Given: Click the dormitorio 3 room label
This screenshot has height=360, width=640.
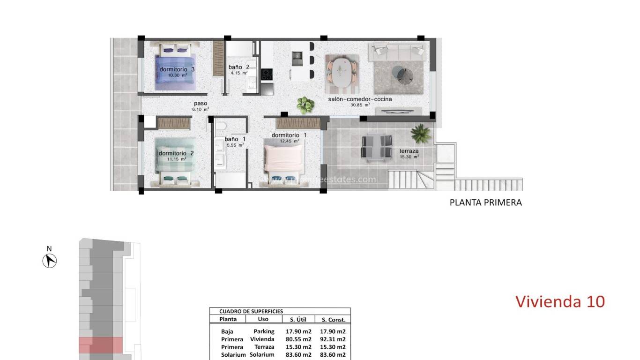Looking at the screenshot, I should click(177, 69).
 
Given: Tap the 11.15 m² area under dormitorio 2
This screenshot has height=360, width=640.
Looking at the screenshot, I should click(177, 159).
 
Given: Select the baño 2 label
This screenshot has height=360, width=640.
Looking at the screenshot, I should click(238, 67).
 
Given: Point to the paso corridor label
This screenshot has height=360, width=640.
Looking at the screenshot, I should click(200, 104).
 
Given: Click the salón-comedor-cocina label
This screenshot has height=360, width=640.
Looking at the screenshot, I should click(360, 99).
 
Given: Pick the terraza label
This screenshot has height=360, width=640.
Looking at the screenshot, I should click(409, 151).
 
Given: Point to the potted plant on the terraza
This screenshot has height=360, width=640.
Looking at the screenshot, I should click(420, 133).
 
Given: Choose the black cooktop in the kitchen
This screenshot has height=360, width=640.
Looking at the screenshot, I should click(267, 74).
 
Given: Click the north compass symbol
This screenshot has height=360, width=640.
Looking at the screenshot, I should click(50, 260).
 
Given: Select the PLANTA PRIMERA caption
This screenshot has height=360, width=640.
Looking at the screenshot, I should click(485, 202).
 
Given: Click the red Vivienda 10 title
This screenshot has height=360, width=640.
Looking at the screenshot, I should click(560, 301).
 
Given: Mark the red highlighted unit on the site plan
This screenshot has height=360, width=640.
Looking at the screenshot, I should click(100, 345).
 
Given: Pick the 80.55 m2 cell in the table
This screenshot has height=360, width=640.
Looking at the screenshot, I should click(298, 339).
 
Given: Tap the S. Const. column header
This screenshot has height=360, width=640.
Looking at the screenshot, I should click(333, 320).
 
